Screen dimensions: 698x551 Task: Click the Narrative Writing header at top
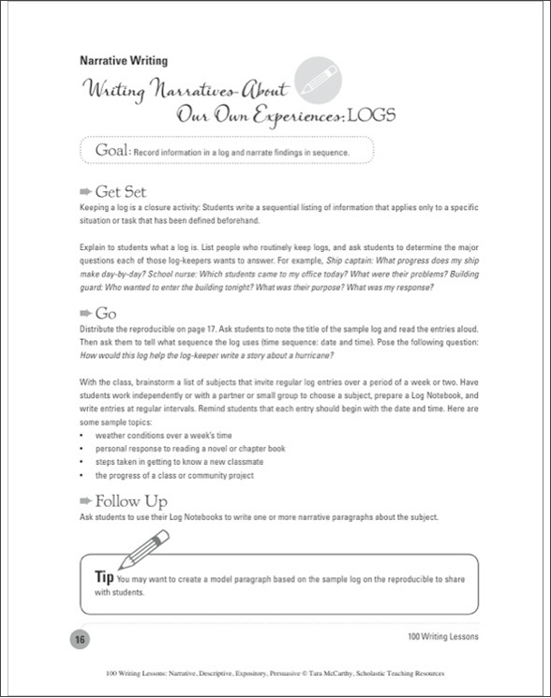pyautogui.click(x=123, y=61)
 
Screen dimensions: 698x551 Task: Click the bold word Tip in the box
pyautogui.click(x=105, y=575)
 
